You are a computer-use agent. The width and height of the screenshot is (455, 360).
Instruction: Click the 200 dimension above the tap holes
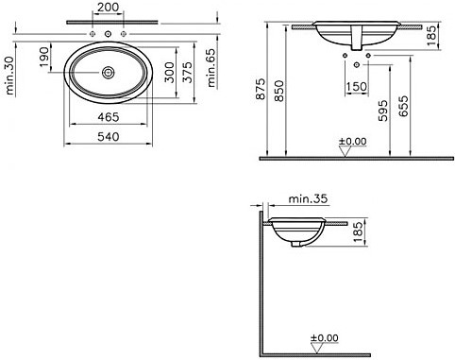point(108,7)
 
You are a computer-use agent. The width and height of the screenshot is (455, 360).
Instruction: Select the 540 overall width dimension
point(109,137)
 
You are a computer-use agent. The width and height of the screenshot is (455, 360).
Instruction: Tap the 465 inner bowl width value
point(109,117)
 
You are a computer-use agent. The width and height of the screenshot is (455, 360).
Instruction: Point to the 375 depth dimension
point(188,72)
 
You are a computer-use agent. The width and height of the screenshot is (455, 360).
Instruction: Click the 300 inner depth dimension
point(169,72)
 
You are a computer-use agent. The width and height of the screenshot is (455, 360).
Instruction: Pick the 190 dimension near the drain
point(44,57)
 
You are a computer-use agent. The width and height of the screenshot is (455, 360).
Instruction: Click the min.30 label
point(9,76)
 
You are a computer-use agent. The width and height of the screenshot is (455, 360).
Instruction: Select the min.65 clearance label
point(211,68)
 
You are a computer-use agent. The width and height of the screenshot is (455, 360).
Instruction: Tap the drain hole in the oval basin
point(108,73)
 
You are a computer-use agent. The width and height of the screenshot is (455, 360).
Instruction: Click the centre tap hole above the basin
point(108,34)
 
